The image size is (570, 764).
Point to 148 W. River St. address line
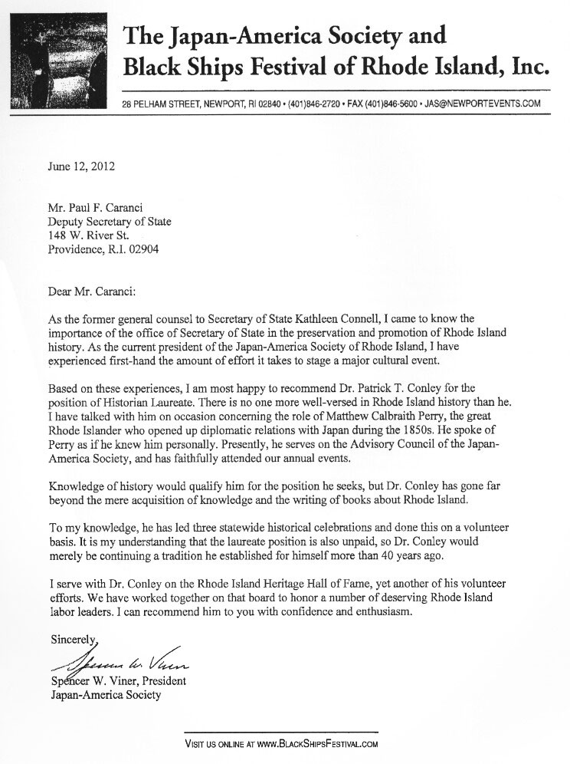click(x=88, y=235)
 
